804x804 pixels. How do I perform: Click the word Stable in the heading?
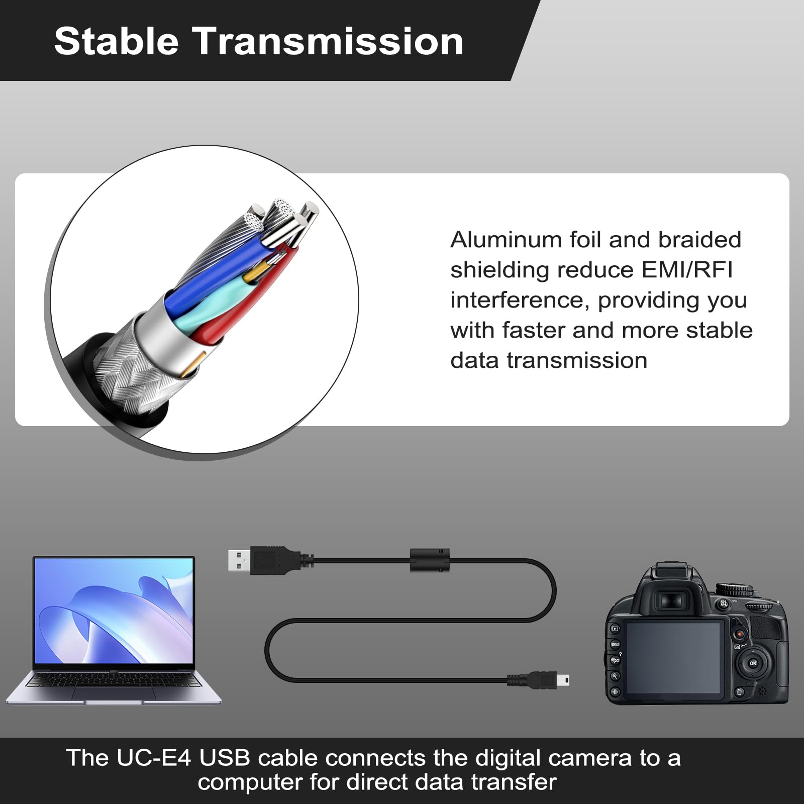tap(117, 41)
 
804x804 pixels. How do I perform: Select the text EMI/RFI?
tap(687, 270)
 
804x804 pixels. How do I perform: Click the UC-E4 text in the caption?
tap(154, 758)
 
